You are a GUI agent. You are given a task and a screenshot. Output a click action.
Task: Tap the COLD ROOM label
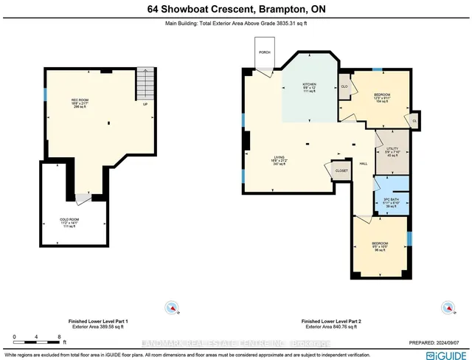click(x=69, y=219)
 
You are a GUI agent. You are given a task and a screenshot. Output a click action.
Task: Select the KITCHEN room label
click(x=309, y=85)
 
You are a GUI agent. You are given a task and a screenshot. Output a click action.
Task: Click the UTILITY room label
click(x=392, y=149)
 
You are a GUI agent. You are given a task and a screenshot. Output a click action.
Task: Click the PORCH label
click(x=264, y=52)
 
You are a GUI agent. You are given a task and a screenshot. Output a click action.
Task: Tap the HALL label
click(x=363, y=164)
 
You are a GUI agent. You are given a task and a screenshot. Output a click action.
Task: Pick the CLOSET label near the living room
click(x=341, y=170)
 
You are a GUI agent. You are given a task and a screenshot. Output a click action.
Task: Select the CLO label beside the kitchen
click(x=344, y=86)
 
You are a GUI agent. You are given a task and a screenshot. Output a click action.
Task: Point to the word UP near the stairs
click(x=145, y=104)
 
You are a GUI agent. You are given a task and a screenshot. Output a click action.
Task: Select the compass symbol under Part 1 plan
click(x=172, y=307)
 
